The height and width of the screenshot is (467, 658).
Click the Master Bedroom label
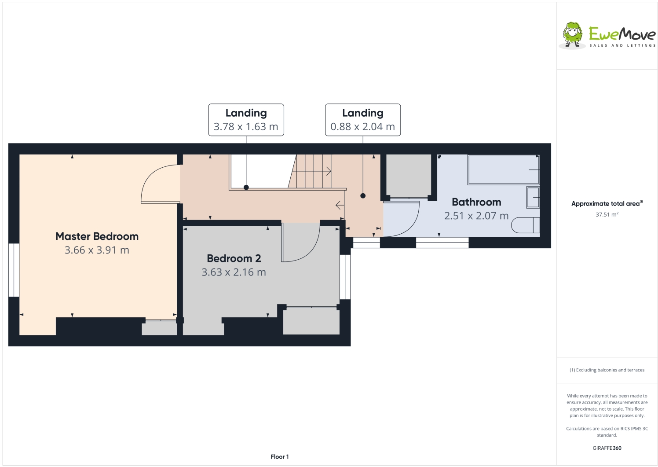click(x=97, y=236)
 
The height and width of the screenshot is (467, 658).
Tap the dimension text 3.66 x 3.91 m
click(x=97, y=250)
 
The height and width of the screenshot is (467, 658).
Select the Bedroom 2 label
click(x=234, y=258)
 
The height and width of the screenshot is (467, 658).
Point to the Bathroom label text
click(x=476, y=202)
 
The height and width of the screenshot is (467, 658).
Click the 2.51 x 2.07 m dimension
click(x=476, y=216)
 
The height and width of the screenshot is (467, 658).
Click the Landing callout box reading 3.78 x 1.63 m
click(x=246, y=120)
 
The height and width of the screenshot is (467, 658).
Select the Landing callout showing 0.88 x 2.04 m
click(x=363, y=120)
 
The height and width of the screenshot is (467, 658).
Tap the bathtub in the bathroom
click(x=503, y=169)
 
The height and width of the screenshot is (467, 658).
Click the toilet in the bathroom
click(x=525, y=225)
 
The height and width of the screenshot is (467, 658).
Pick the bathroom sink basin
click(x=533, y=198)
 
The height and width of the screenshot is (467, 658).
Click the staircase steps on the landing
click(x=312, y=171)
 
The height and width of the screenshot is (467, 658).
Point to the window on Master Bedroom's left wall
click(x=14, y=270)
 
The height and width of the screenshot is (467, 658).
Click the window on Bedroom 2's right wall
click(x=345, y=277)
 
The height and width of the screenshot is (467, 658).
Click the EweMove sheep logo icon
click(x=573, y=35)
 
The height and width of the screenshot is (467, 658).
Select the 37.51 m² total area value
click(x=607, y=215)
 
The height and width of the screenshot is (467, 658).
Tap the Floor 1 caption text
click(x=280, y=457)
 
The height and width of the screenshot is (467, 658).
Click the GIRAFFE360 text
click(x=607, y=448)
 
